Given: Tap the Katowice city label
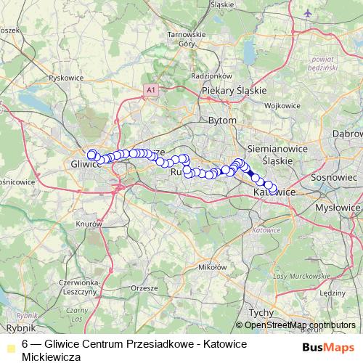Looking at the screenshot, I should pyautogui.click(x=276, y=192).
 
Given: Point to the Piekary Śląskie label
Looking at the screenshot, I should pyautogui.click(x=234, y=90).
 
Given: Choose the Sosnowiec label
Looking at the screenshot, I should pyautogui.click(x=333, y=176).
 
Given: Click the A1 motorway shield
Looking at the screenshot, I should pyautogui.click(x=150, y=89).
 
